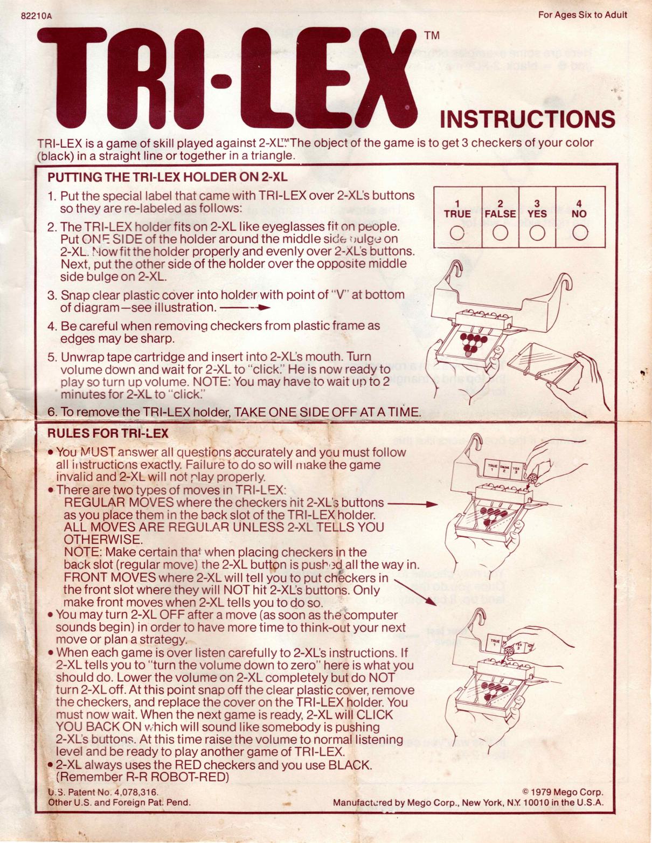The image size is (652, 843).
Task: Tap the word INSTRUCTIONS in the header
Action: coord(527,120)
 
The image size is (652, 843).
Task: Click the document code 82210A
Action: coord(36,16)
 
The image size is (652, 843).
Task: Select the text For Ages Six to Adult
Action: coord(582,15)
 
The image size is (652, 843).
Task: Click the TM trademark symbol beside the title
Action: coord(432,36)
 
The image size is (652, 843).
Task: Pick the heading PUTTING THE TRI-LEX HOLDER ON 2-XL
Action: coord(167,177)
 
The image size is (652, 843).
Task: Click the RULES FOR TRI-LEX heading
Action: coord(108,433)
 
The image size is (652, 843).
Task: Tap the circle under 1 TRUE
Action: coord(457,233)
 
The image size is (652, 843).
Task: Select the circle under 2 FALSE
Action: coord(500,233)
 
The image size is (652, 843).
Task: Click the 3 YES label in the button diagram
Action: coord(537,209)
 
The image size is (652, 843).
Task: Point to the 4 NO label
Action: coord(579,209)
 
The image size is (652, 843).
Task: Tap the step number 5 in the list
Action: coord(52,357)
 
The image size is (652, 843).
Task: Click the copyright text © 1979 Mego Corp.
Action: coord(563,792)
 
